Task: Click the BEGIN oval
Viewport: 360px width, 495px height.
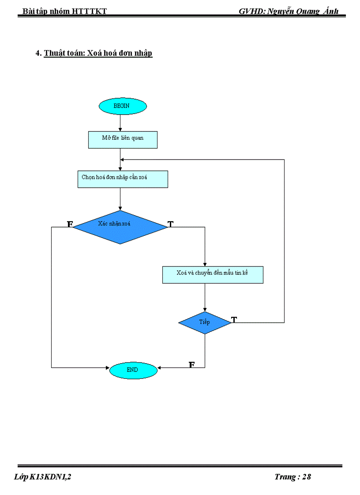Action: [x=123, y=106]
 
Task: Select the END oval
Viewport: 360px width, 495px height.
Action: [x=133, y=370]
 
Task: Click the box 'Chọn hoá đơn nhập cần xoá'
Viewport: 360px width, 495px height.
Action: [x=123, y=179]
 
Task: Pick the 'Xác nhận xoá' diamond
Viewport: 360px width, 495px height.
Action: [x=120, y=227]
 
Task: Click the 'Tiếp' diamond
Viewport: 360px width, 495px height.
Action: [x=205, y=323]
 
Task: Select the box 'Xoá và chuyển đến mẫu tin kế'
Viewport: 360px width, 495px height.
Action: [x=213, y=275]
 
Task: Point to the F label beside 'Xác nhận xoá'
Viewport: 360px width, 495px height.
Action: [x=70, y=224]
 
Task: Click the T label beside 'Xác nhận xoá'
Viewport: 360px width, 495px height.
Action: [x=171, y=224]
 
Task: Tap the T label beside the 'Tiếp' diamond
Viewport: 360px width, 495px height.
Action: [x=234, y=320]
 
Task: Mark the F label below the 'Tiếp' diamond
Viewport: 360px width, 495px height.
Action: [x=192, y=365]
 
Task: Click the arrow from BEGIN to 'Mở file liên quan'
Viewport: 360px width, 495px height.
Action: [x=120, y=123]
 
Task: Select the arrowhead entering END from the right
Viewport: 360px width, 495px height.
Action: [x=159, y=367]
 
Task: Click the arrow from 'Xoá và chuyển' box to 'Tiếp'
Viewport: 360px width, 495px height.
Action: [x=205, y=298]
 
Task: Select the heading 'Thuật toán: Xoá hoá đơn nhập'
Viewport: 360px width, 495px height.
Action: [x=98, y=53]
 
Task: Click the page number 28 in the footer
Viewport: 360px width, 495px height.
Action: [x=307, y=477]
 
